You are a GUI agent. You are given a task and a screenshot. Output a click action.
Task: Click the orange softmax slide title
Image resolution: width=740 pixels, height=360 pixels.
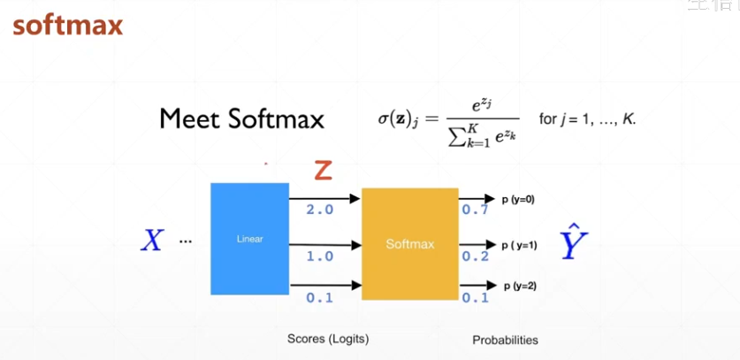67,25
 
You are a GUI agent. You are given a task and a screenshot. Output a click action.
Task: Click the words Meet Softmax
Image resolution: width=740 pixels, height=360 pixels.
241,119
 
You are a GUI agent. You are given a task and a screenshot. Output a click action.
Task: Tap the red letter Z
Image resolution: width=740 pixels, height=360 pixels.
324,170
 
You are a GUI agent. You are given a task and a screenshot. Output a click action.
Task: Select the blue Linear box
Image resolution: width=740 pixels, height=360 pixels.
249,239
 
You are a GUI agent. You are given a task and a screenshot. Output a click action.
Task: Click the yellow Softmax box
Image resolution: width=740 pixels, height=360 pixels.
409,243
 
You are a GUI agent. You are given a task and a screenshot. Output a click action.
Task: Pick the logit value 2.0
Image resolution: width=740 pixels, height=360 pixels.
319,211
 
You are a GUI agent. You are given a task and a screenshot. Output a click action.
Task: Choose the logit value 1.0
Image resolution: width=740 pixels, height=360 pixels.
319,256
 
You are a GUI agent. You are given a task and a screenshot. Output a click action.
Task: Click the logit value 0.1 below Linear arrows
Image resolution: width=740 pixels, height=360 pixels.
319,297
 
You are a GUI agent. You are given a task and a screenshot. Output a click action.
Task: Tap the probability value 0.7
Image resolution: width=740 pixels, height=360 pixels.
475,211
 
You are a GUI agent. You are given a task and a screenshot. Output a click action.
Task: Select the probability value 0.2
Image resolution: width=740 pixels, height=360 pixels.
475,256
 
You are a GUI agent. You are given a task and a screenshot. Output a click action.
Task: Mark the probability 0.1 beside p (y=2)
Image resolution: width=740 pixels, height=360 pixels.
475,297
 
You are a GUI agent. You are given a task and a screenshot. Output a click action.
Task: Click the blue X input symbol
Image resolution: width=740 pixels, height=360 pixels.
152,240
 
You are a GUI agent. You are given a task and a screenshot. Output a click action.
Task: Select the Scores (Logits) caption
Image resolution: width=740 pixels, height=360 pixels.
328,339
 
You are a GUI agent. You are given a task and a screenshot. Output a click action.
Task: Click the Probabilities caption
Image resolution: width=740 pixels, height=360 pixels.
505,340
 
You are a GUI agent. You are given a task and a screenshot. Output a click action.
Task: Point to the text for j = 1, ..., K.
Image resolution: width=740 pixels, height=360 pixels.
587,119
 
